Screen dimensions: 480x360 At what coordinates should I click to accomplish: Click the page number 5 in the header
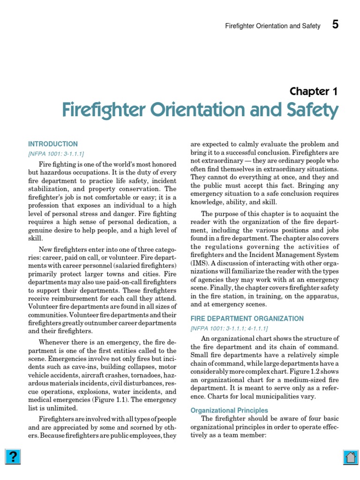[335, 25]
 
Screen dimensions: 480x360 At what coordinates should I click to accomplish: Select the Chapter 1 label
[313, 91]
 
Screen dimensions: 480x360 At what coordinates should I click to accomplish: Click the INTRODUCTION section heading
[53, 144]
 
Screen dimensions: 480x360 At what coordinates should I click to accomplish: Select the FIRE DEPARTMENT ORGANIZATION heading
[247, 319]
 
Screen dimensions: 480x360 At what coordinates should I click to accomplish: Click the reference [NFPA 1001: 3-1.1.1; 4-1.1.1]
[229, 329]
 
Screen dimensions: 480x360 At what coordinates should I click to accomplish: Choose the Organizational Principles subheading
[229, 411]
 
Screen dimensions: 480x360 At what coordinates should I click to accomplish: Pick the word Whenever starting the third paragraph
[55, 342]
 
